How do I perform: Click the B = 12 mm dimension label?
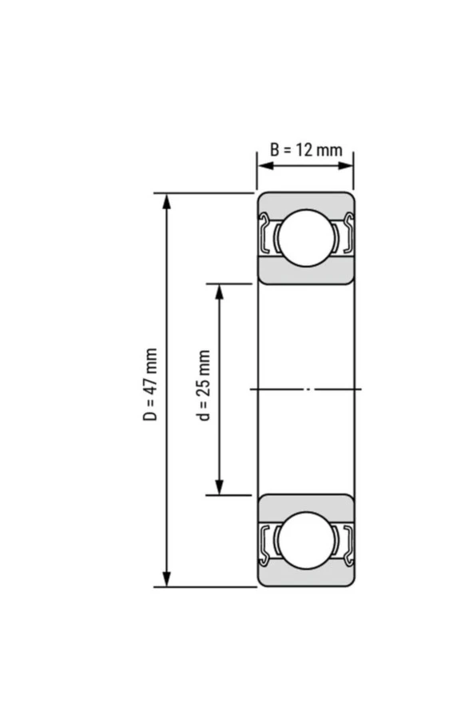click(x=305, y=150)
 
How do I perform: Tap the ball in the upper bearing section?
click(x=305, y=237)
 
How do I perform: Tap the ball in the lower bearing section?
click(x=305, y=541)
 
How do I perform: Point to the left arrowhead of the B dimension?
click(x=261, y=166)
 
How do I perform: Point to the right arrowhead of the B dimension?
click(x=348, y=166)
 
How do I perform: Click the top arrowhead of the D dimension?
click(x=167, y=199)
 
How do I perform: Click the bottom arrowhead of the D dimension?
click(x=167, y=580)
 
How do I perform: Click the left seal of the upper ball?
click(x=266, y=237)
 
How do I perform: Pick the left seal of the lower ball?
click(x=266, y=541)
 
